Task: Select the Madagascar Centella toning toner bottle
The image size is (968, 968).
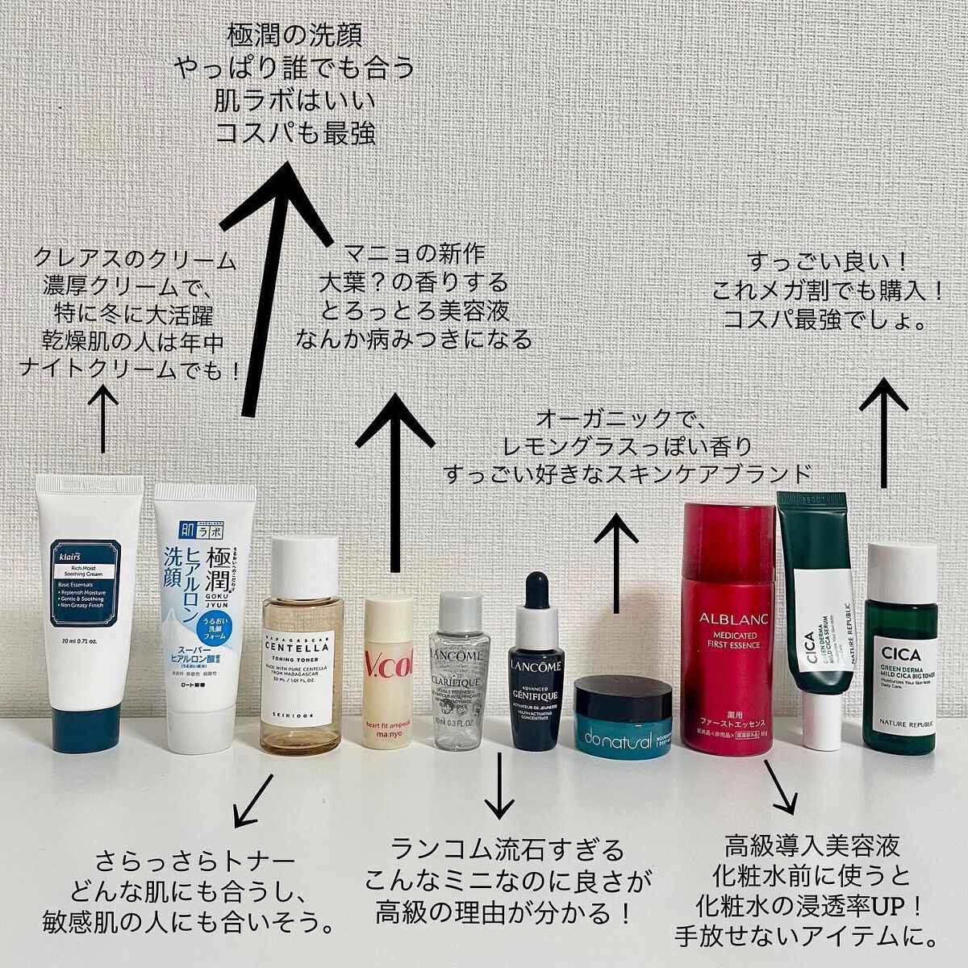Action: pyautogui.click(x=302, y=645)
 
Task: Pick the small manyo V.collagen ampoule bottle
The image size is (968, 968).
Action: pyautogui.click(x=390, y=670)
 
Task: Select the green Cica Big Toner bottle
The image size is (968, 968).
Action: pyautogui.click(x=900, y=653)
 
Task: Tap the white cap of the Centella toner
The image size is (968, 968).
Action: pyautogui.click(x=303, y=557)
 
